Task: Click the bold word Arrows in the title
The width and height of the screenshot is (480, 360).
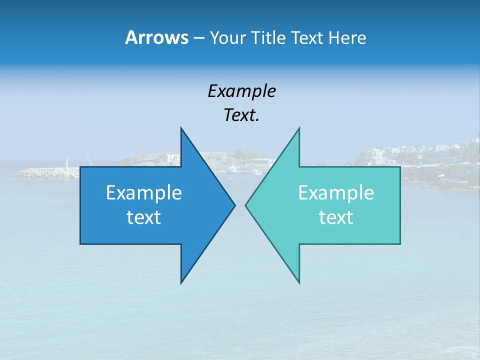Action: point(156,37)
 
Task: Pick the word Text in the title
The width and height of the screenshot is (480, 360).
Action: point(308,38)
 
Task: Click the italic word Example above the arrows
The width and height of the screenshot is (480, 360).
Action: point(241,91)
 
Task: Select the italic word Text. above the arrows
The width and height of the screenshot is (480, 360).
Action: point(241,115)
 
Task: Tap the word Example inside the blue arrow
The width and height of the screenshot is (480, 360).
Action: point(144,192)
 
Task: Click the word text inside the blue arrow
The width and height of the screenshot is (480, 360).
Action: point(144,217)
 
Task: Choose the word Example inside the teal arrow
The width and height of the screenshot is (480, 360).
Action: point(336,192)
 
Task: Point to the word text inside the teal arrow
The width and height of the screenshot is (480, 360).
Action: point(336,217)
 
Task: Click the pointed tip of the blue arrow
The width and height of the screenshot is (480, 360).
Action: point(234,205)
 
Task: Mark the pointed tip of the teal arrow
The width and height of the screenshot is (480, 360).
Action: point(246,205)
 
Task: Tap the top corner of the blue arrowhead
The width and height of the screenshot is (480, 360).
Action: point(181,128)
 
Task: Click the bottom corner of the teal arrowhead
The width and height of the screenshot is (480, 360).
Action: point(299,283)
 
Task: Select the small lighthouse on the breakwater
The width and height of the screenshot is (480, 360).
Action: point(67,163)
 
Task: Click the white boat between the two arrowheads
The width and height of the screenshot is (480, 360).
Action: point(233,170)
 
